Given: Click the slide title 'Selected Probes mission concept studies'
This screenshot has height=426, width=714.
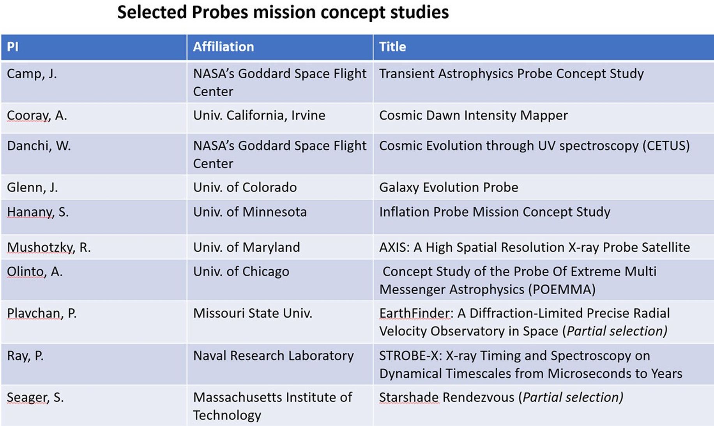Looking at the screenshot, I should pos(283,12).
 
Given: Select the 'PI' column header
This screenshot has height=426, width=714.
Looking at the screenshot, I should pos(12,47).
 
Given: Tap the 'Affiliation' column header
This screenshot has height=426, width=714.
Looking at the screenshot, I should pos(223,47).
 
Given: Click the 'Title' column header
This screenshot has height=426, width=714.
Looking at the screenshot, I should pos(392,47).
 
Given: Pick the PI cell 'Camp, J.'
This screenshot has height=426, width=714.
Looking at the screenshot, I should pos(32,74).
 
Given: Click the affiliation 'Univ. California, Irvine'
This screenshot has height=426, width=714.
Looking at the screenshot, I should pos(259,115).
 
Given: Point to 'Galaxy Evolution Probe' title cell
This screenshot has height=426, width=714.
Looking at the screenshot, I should pos(448,187).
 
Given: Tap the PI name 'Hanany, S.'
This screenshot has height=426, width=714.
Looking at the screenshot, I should pos(37,212).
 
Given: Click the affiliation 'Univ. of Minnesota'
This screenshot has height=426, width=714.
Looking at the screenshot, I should pos(250,212).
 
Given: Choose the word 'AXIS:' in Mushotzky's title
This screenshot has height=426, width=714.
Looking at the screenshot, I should pos(394,247).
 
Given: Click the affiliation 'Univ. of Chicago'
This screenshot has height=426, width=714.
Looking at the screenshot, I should pos(241,272).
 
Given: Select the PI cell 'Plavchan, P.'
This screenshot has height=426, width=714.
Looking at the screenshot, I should pos(42,313).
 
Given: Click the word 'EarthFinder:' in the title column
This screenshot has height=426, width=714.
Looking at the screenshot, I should pos(416,313).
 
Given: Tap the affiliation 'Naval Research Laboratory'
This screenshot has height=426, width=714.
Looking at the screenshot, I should pos(273,356).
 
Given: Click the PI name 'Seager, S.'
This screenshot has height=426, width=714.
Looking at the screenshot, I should pos(35,398).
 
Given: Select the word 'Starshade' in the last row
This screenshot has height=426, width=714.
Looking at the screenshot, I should pos(409,398).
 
